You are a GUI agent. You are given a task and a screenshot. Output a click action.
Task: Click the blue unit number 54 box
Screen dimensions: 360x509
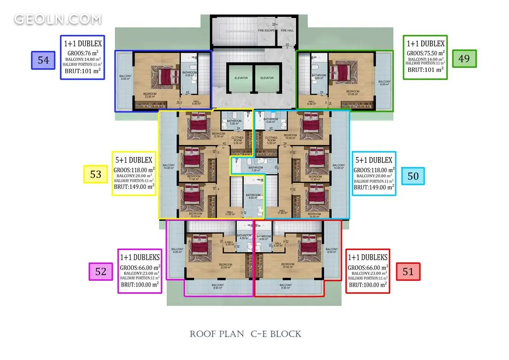(43, 60)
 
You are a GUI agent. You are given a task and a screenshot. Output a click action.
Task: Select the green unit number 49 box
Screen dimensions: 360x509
(464, 58)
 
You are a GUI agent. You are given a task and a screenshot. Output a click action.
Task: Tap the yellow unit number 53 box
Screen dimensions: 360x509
(96, 174)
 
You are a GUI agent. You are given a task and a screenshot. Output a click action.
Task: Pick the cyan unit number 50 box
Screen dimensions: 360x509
(413, 175)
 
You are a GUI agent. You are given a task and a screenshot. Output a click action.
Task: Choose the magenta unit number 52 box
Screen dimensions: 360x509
(101, 271)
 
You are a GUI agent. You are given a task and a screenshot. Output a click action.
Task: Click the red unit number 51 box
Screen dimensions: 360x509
(408, 271)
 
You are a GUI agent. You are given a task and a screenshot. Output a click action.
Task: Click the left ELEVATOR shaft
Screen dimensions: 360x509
(241, 78)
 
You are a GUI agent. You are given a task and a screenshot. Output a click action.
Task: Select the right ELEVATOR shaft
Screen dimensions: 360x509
(267, 78)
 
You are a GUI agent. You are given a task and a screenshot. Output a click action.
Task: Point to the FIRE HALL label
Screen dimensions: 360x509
(287, 31)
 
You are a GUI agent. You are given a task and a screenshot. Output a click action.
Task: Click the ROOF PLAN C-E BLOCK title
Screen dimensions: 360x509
(245, 334)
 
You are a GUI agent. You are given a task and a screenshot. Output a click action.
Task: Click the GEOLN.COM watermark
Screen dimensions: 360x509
(58, 19)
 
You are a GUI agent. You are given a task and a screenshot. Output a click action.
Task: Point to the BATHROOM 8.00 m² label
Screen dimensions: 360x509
(253, 197)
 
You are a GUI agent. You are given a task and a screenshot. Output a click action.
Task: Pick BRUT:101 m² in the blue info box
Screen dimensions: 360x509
(82, 71)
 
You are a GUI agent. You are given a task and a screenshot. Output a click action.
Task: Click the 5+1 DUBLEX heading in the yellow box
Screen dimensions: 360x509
(134, 160)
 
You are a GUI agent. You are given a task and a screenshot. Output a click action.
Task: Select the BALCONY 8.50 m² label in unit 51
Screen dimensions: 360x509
(285, 286)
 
